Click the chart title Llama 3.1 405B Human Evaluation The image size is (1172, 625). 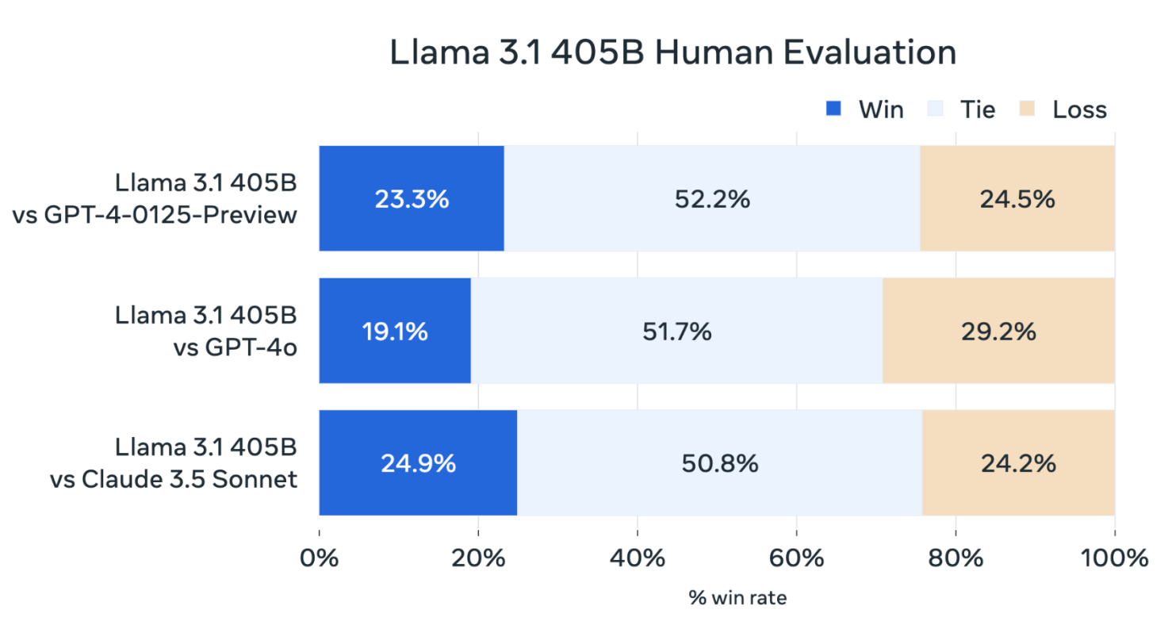point(672,53)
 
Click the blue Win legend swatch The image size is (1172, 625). point(833,109)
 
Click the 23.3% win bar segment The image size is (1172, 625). point(412,199)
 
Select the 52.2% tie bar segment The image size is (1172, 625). point(712,199)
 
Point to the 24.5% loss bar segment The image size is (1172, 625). point(1017,199)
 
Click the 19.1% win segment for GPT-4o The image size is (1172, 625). point(395,331)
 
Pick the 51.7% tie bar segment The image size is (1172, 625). point(676,331)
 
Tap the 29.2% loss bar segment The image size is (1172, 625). point(998,331)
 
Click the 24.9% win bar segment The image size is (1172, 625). point(418,463)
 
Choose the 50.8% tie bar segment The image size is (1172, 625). point(719,463)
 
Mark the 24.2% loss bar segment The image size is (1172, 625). point(1018,463)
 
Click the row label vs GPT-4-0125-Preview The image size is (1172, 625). point(155,214)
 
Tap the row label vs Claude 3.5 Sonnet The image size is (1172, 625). point(174,478)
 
